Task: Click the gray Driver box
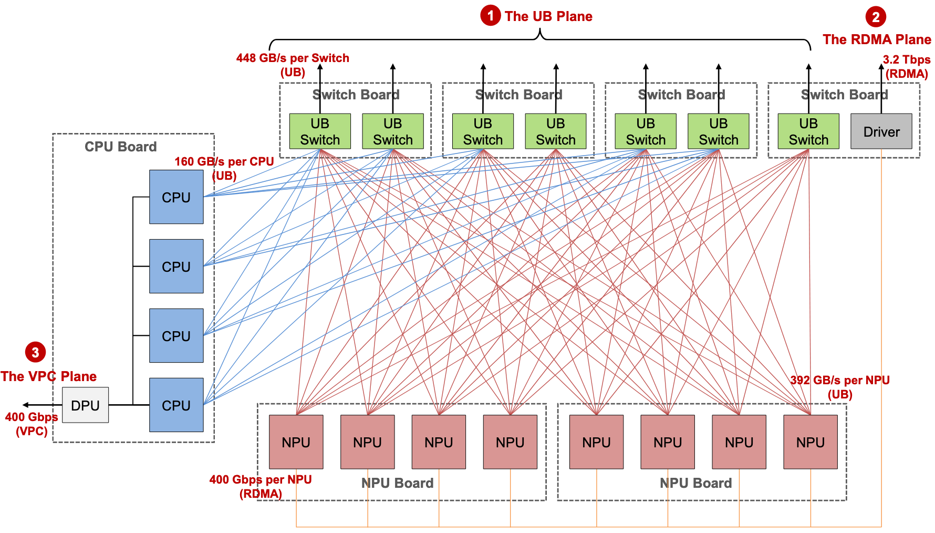coord(881,131)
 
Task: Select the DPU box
coord(85,405)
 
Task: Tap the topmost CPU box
coord(176,197)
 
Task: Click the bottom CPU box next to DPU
coord(176,405)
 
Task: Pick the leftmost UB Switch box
coord(320,131)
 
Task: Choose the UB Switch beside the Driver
coord(808,131)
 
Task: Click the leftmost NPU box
coord(296,442)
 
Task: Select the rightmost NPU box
coord(810,442)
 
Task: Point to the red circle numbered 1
coord(490,16)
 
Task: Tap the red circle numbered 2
coord(875,17)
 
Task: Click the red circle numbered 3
coord(35,352)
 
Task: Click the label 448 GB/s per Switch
coord(293,58)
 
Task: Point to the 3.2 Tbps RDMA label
coord(906,67)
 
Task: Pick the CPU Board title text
coord(120,147)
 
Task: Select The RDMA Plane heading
coord(876,39)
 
